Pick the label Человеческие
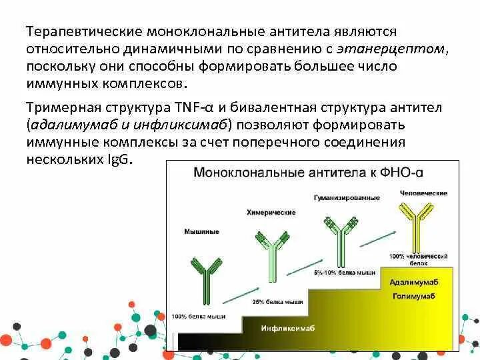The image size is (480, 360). [x=424, y=193]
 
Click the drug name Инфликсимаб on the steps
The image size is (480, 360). [x=287, y=328]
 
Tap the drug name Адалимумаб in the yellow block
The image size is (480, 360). [x=418, y=282]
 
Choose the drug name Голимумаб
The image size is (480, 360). [x=418, y=295]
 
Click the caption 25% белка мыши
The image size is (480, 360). [x=273, y=302]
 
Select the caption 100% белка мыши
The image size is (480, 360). [x=198, y=315]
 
